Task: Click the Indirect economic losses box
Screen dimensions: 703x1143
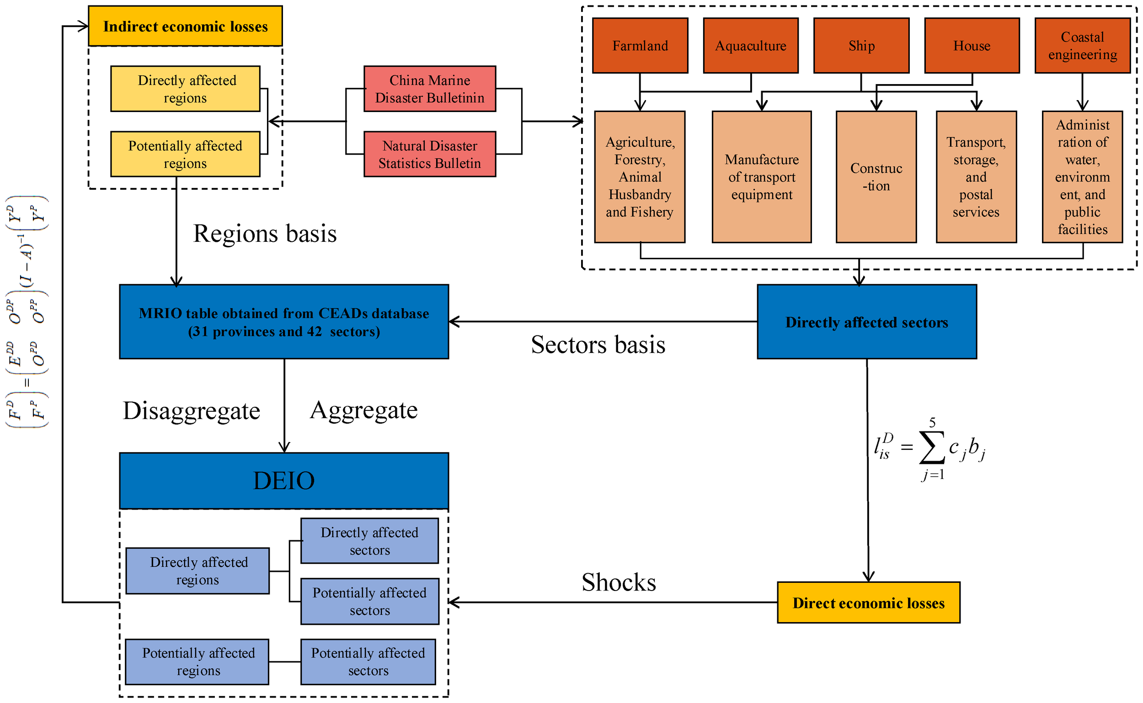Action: coord(185,26)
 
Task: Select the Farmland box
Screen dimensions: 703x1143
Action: coord(640,46)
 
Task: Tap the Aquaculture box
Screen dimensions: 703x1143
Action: coord(751,46)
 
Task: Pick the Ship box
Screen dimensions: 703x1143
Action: coord(861,46)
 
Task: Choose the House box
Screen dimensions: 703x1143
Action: coord(972,46)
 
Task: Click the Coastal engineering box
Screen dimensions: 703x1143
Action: coord(1082,46)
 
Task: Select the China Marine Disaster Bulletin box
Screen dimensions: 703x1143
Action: coord(430,89)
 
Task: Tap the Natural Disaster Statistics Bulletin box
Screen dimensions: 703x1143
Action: coord(430,154)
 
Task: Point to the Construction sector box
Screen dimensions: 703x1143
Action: coord(876,177)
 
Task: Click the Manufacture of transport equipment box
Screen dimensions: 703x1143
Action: coord(762,177)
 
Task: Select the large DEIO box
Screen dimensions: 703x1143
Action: coord(283,480)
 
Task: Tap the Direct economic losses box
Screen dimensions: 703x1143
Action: coord(868,602)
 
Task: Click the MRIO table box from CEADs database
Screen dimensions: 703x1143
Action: coord(283,322)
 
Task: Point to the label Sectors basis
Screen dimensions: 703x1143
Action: coord(598,345)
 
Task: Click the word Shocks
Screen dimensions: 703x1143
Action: coord(619,582)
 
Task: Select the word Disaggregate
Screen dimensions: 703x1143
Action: coord(191,410)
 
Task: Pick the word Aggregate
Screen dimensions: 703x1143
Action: coord(363,410)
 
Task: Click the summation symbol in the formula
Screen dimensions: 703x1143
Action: coord(931,448)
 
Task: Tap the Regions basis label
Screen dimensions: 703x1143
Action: coord(265,234)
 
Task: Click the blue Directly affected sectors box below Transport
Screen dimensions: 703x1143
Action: coord(867,322)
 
